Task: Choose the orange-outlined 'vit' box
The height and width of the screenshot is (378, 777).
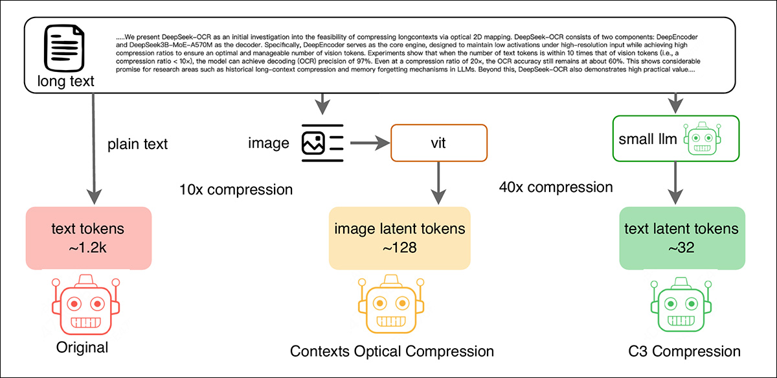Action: (x=438, y=142)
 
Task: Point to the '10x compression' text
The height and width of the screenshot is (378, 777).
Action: (x=236, y=190)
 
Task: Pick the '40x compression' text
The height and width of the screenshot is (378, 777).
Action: (x=556, y=187)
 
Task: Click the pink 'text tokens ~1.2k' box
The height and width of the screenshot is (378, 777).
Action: (x=89, y=238)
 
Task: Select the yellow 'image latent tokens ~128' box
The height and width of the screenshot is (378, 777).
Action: (x=399, y=238)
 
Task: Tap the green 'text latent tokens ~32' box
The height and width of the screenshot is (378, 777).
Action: (x=679, y=238)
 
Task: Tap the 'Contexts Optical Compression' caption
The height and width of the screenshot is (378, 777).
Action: (x=392, y=352)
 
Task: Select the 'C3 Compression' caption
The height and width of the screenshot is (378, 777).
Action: (x=684, y=352)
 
